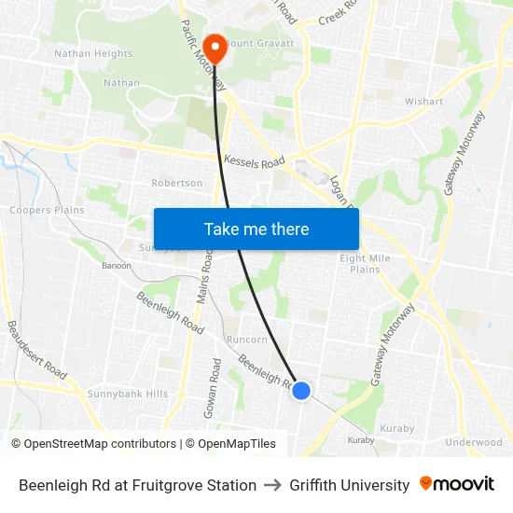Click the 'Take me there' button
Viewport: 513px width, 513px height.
[256, 229]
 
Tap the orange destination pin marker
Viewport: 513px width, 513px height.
[215, 48]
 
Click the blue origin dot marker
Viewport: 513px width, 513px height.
[301, 391]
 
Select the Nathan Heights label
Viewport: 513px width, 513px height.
[93, 54]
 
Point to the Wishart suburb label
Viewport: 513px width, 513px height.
[423, 102]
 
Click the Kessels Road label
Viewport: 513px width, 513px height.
[254, 162]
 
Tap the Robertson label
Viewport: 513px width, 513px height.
[176, 184]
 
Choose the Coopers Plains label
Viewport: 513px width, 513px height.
[47, 210]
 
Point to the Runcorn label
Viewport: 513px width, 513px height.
[247, 340]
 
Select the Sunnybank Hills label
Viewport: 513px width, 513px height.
[128, 395]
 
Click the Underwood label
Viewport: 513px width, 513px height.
[473, 443]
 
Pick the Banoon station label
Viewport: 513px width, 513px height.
[117, 265]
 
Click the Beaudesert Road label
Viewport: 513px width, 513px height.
[37, 350]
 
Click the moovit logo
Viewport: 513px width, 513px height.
[456, 484]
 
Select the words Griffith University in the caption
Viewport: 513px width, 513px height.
[349, 485]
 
